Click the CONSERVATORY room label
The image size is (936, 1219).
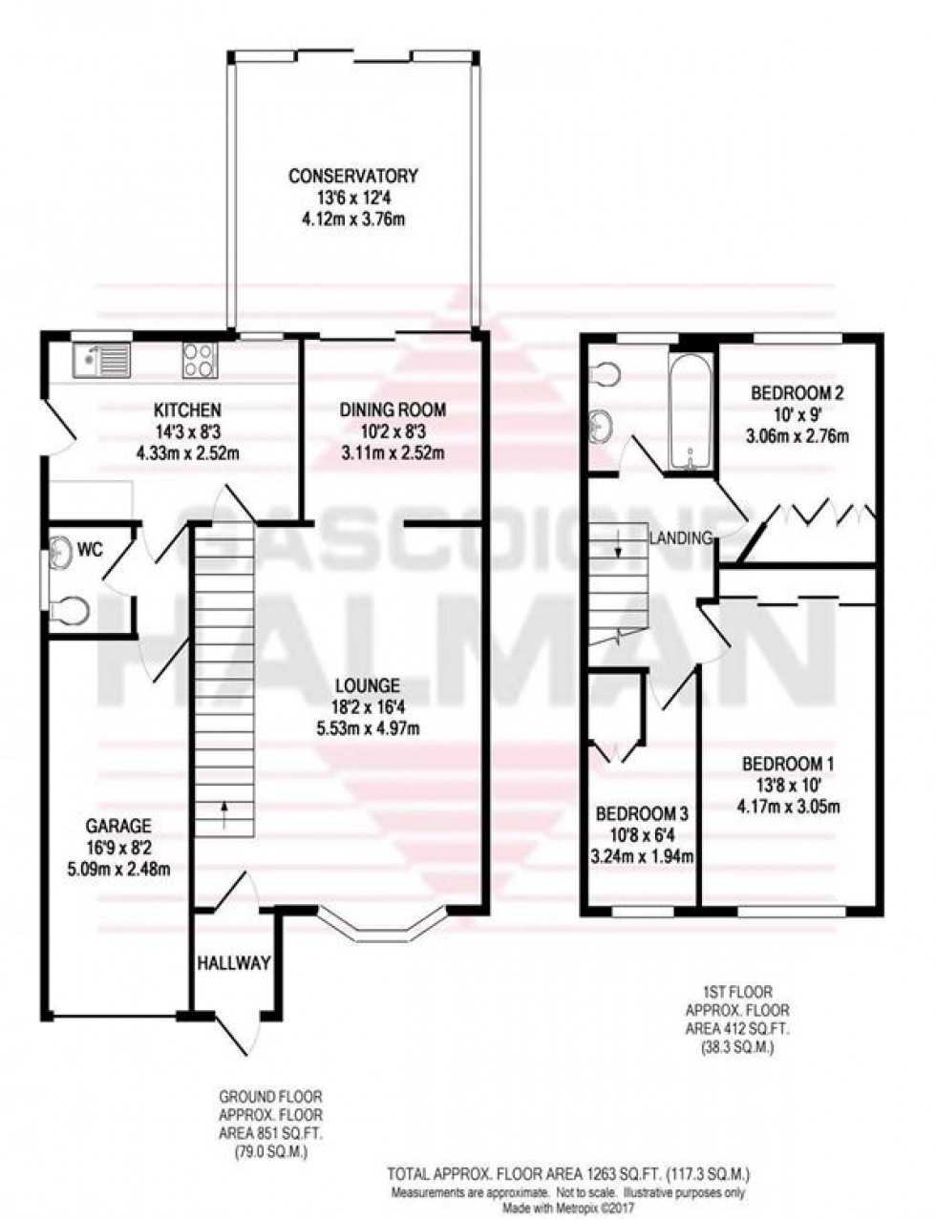point(353,176)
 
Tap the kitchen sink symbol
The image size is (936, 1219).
point(100,361)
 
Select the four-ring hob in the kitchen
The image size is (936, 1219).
point(200,361)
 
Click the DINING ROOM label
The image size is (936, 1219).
point(393,410)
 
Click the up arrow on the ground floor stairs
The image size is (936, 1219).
point(225,812)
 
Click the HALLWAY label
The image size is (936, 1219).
point(234,963)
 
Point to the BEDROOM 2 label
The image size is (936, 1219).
point(797,392)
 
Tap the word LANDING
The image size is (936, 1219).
point(682,538)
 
